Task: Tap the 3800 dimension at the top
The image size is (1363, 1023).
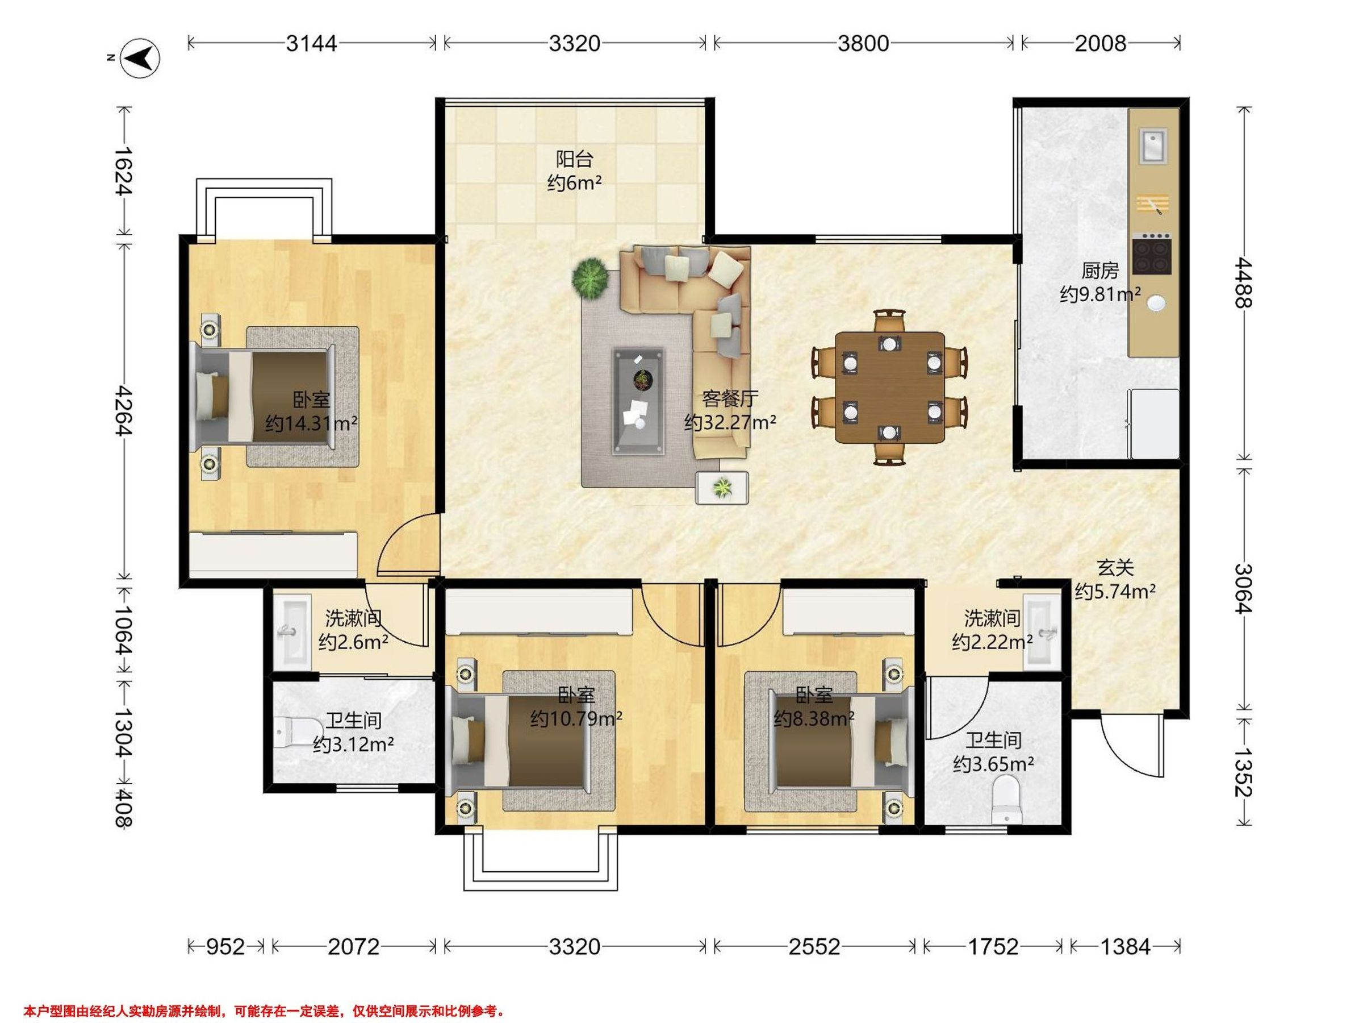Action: click(x=863, y=43)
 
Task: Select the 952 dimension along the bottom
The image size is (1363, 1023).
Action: click(x=225, y=946)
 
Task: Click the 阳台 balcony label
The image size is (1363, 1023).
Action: click(x=574, y=159)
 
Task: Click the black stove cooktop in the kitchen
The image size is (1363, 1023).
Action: click(x=1151, y=254)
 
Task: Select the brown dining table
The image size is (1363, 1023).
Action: click(x=889, y=388)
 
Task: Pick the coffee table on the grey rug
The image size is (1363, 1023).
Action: click(x=638, y=402)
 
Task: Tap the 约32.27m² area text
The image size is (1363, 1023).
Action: click(x=730, y=422)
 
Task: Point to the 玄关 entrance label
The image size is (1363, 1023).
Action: click(x=1115, y=567)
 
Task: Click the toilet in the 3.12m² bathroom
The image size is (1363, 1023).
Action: click(x=295, y=732)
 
